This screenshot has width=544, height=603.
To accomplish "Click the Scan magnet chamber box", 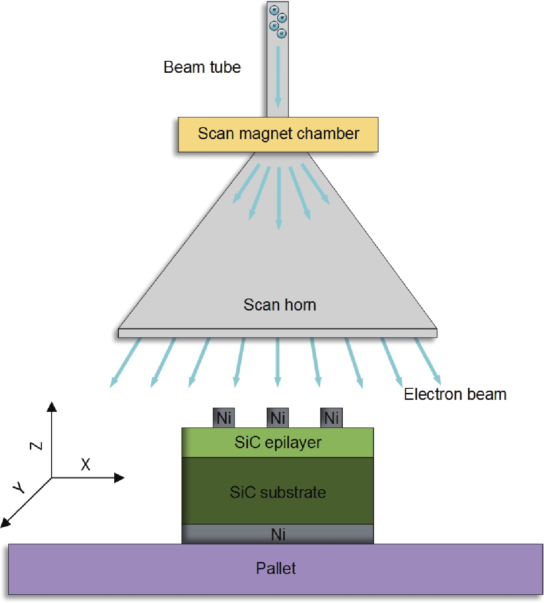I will tap(278, 135).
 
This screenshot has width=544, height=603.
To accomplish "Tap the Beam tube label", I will tap(202, 67).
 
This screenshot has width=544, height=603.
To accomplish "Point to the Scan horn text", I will tap(280, 305).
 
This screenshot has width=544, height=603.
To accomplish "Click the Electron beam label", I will tap(455, 394).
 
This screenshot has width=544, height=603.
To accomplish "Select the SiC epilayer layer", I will tap(278, 443).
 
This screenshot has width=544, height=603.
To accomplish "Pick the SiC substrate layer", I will tap(278, 492).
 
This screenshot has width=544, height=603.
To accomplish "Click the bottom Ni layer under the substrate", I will tap(278, 534).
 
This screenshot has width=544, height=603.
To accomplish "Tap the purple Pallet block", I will tap(275, 568).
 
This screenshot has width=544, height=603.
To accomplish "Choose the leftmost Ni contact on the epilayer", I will tap(224, 418).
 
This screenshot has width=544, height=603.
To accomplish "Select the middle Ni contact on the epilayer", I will tap(278, 418).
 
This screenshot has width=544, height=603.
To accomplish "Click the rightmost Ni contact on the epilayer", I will tap(332, 418).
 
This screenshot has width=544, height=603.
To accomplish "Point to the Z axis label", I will tap(36, 445).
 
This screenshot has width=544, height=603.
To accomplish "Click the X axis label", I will tap(86, 464).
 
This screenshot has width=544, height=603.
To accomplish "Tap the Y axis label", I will tap(19, 486).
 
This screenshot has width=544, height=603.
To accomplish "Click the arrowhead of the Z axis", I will tap(52, 406).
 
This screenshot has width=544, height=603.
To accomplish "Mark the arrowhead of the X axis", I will tap(120, 478).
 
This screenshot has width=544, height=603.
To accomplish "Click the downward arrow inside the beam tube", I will tap(278, 76).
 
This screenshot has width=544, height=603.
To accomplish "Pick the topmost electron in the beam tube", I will tap(274, 10).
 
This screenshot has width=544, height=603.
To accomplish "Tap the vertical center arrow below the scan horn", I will tap(277, 362).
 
